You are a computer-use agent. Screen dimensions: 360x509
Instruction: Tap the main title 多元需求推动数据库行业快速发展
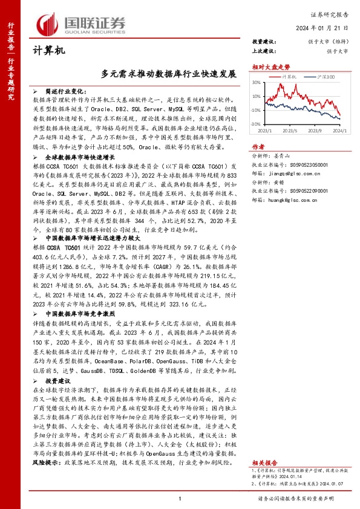click(169, 72)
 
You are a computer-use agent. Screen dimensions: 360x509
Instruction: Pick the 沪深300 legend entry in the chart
click(325, 77)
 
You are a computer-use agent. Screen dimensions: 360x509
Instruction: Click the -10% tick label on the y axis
click(255, 110)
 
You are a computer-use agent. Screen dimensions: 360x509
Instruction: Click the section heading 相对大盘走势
click(267, 66)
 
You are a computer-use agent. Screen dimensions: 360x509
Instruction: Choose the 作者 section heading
click(258, 147)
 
